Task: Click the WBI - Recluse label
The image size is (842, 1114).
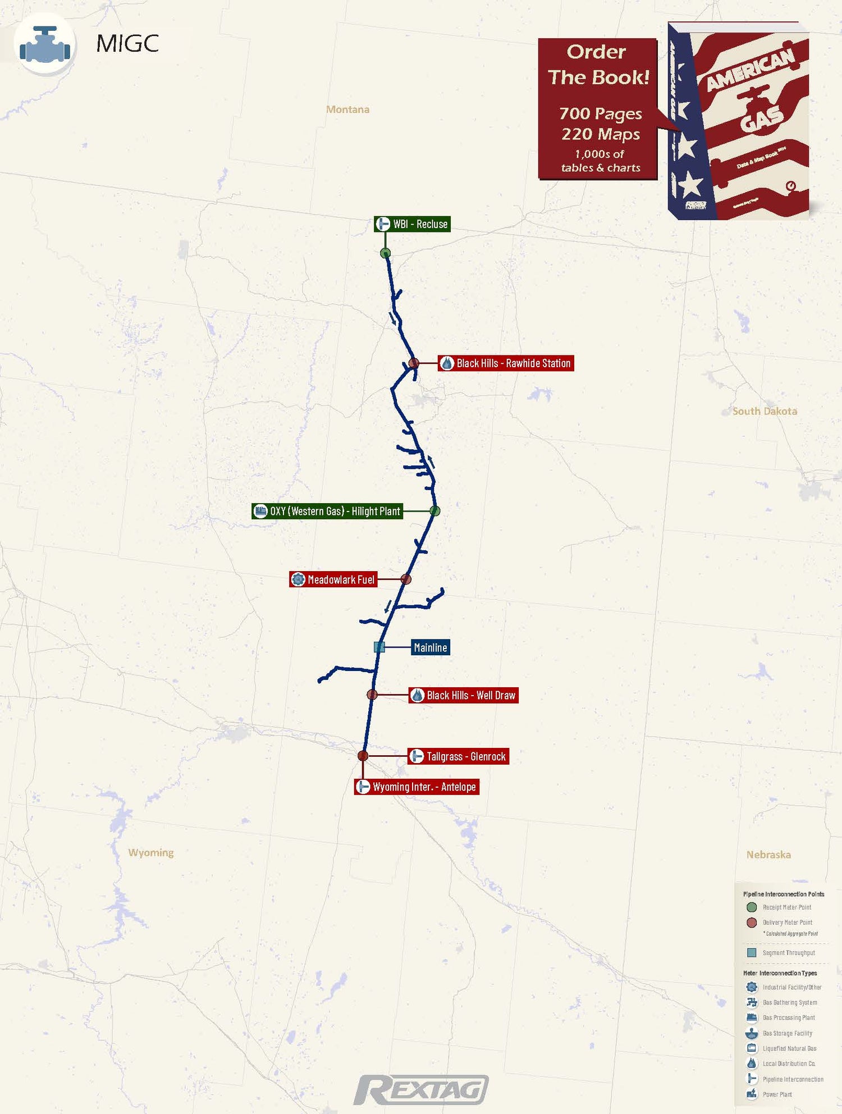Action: click(413, 224)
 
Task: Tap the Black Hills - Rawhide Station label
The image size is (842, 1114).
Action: click(506, 363)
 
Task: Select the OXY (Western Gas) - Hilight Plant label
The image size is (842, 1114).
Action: click(327, 511)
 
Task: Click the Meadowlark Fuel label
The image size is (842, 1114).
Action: click(333, 579)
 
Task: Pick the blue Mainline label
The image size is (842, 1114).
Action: click(430, 647)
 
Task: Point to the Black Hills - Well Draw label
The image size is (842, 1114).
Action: click(463, 695)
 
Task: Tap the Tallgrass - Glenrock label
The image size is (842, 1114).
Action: click(458, 756)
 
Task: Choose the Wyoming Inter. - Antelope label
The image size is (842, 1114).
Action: click(417, 787)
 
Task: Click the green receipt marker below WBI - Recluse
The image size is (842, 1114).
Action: click(385, 253)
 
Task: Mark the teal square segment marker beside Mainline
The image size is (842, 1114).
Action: click(379, 647)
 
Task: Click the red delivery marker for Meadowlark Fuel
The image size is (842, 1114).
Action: click(406, 579)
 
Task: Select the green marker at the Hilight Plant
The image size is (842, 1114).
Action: click(434, 511)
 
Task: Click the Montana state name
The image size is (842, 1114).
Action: click(347, 109)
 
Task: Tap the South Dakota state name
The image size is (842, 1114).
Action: click(765, 411)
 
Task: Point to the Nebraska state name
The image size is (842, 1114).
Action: click(768, 855)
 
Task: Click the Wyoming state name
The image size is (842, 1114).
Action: click(150, 852)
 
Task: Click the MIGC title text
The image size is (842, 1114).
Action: click(127, 44)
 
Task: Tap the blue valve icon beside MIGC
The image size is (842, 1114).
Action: click(45, 45)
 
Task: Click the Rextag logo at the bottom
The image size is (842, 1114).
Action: click(421, 1090)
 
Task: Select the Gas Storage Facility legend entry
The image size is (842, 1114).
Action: click(786, 1033)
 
